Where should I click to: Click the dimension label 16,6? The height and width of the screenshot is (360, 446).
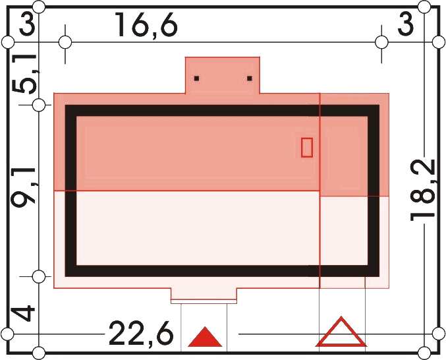146,26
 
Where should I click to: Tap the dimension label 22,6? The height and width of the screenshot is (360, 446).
141,334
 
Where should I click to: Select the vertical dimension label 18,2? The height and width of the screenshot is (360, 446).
423,190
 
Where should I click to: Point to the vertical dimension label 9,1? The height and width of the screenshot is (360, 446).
23,187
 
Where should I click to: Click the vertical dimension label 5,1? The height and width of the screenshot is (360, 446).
24,73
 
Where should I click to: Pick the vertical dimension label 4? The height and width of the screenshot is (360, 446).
24,313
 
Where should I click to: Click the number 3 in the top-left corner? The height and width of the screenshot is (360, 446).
27,25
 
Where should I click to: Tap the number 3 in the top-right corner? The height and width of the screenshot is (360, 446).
405,25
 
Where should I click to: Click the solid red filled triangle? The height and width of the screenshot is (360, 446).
205,337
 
